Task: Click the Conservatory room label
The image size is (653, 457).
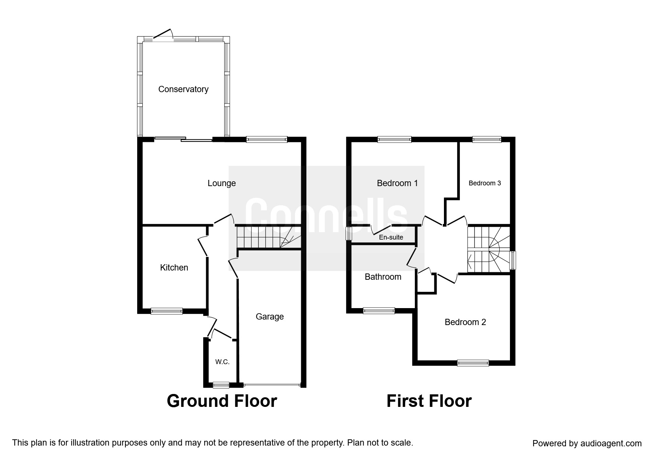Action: (183, 89)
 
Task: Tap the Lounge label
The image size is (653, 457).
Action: (222, 183)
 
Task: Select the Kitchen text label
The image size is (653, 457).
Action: (174, 268)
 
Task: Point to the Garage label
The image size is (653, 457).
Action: (270, 317)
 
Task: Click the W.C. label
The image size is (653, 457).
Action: (222, 362)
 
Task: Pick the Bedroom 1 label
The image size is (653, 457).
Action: (397, 183)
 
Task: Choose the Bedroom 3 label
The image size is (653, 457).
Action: (485, 183)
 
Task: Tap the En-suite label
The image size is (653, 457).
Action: (391, 237)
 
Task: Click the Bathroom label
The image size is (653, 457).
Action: (383, 277)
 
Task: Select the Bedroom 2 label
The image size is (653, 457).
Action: (465, 322)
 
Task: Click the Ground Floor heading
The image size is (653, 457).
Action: (222, 401)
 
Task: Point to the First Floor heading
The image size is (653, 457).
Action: (429, 401)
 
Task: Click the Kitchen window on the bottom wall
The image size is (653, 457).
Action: (167, 311)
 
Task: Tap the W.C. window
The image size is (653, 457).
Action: (221, 385)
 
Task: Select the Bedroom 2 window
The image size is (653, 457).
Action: (473, 363)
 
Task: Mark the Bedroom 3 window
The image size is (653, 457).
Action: (487, 139)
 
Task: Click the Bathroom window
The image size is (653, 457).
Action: (379, 311)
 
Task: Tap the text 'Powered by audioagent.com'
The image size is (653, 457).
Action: (587, 443)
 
